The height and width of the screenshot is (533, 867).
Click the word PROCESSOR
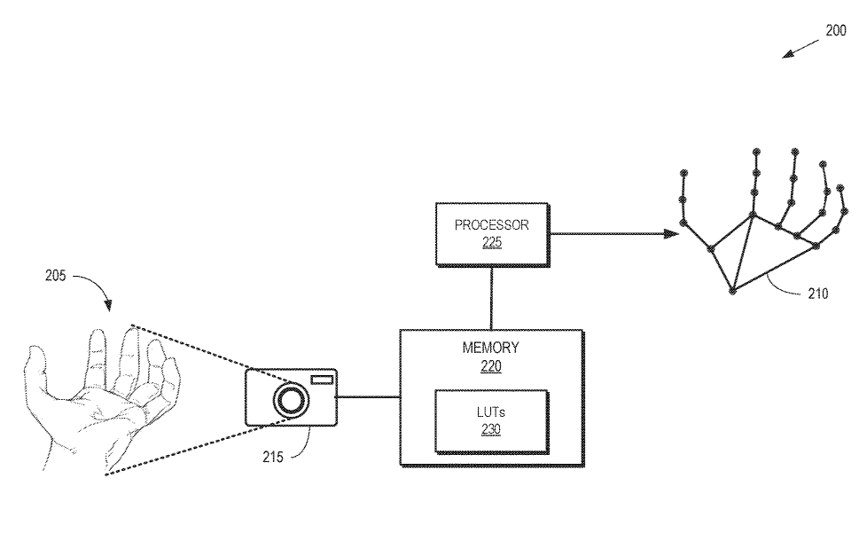(491, 225)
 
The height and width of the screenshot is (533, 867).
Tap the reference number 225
(492, 241)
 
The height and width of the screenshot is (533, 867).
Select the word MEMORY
(490, 348)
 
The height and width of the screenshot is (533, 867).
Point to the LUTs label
(490, 413)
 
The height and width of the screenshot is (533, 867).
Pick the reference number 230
(490, 430)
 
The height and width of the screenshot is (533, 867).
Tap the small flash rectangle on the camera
(320, 380)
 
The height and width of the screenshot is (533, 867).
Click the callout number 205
(56, 276)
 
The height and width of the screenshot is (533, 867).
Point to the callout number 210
(817, 294)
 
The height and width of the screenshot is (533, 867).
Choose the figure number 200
(835, 30)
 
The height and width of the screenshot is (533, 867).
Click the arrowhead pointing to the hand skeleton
(673, 234)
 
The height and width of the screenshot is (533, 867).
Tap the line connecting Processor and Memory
(491, 297)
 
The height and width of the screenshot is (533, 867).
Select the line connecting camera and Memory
(368, 396)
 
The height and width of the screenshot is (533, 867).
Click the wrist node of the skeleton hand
(733, 290)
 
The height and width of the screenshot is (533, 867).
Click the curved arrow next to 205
(96, 288)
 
